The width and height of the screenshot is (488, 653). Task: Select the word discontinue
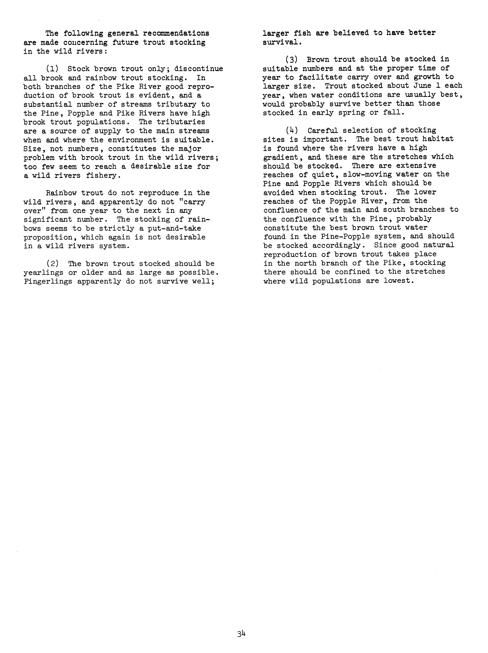[198, 69]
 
